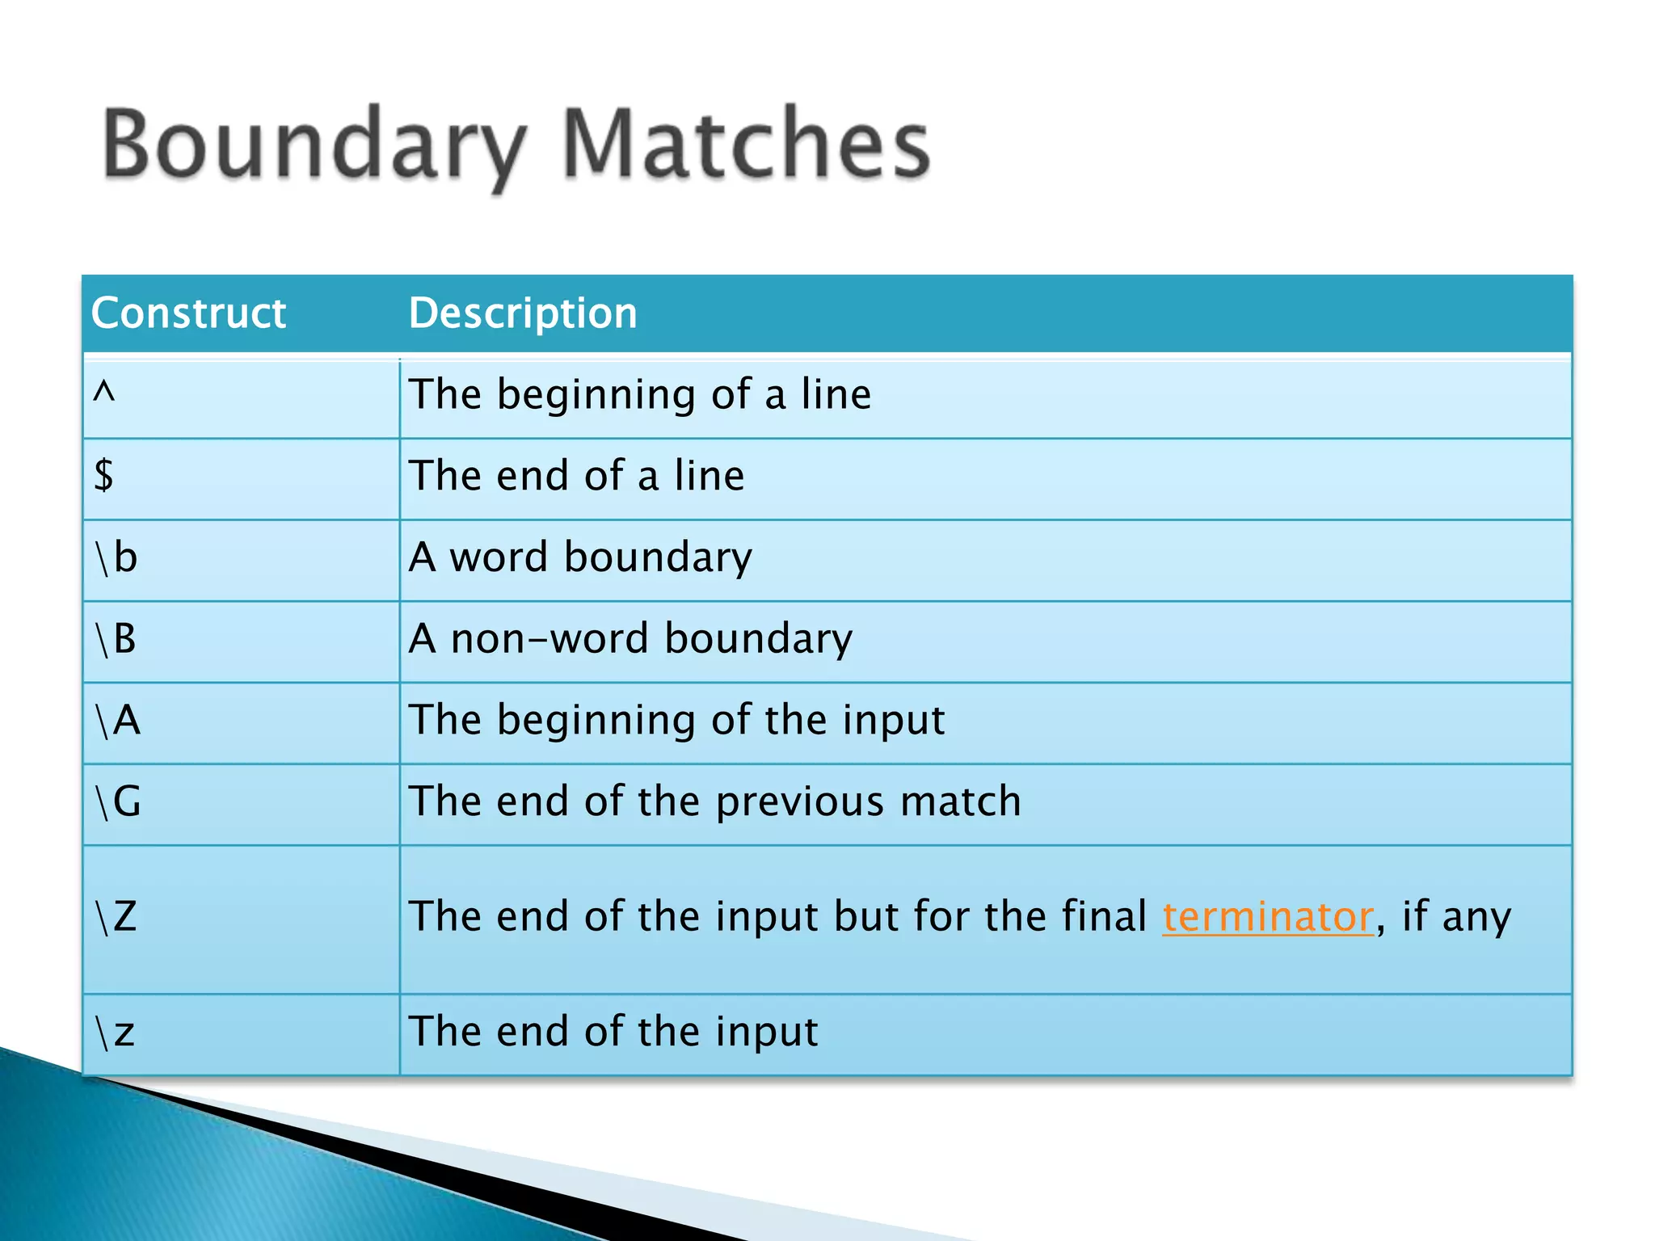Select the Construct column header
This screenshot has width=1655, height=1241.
[188, 313]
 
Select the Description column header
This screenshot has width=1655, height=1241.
[523, 313]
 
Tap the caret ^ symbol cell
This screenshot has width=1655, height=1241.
[104, 394]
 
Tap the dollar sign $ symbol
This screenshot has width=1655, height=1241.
[103, 475]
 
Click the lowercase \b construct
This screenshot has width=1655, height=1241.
[116, 557]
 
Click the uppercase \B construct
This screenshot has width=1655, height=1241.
[116, 639]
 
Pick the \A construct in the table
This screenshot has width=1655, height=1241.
[118, 720]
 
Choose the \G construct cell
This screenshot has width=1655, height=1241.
[118, 801]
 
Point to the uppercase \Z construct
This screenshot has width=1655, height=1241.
[116, 917]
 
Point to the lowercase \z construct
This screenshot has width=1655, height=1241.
[115, 1033]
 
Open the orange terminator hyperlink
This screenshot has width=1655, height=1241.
[1267, 917]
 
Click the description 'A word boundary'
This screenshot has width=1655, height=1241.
[580, 557]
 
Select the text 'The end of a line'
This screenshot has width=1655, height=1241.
[576, 475]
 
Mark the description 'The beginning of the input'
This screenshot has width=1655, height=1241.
[676, 720]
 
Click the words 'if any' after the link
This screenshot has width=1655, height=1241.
[1456, 917]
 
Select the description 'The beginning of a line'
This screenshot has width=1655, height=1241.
[640, 394]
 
